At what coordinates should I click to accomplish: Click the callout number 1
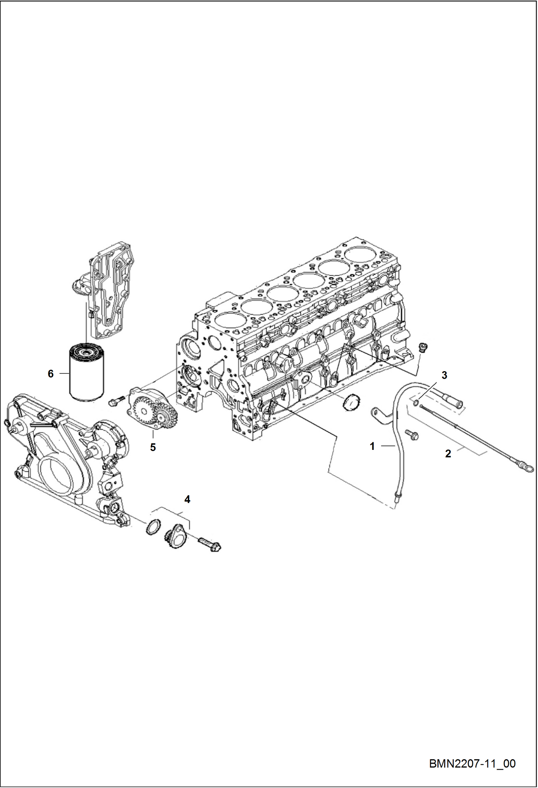372,446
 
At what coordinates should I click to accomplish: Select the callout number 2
448,454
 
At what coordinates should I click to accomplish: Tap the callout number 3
444,375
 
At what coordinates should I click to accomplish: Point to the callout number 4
187,499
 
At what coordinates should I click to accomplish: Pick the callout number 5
153,448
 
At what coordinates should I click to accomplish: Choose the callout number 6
51,374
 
